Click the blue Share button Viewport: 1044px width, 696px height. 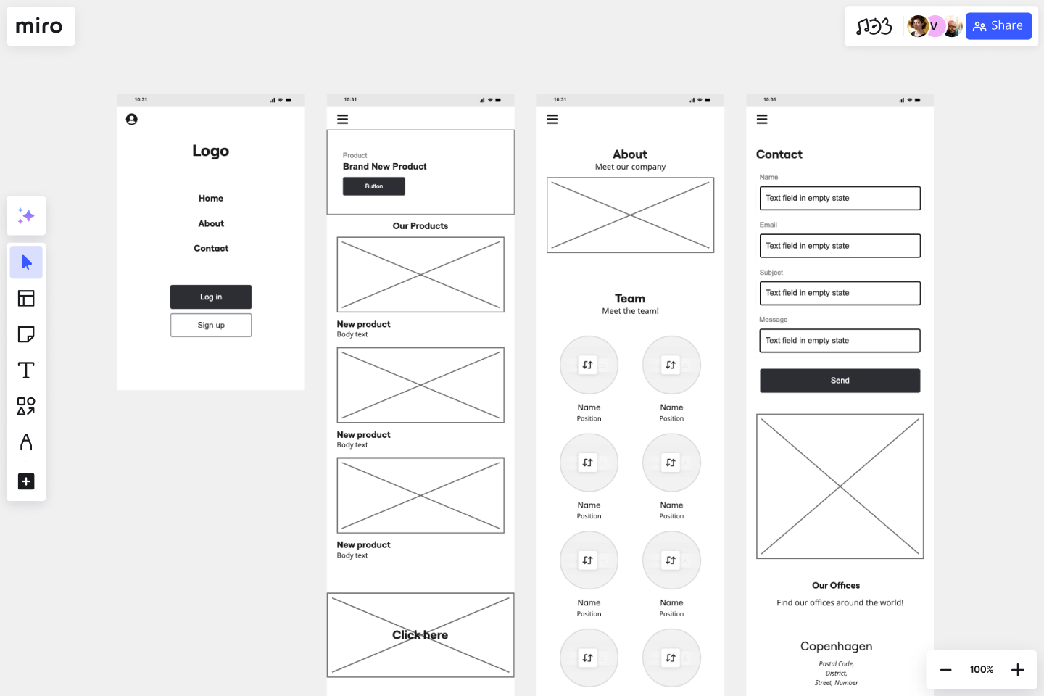tap(998, 26)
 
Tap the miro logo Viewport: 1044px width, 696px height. tap(40, 26)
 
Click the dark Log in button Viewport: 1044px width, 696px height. tap(211, 297)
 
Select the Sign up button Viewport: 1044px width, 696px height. tap(211, 326)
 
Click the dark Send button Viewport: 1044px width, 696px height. tap(840, 381)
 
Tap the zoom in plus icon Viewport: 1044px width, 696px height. tap(1018, 670)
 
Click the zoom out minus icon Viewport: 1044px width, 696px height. tap(945, 670)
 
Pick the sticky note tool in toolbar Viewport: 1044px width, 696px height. tap(26, 334)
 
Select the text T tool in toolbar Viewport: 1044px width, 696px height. tap(26, 370)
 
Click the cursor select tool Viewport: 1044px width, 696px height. tap(26, 262)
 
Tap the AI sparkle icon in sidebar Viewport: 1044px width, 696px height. tap(26, 216)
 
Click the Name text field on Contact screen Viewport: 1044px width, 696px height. tap(840, 199)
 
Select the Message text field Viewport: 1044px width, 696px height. tap(840, 341)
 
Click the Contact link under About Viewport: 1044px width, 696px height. tap(211, 249)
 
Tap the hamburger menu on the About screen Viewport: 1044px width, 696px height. tap(552, 120)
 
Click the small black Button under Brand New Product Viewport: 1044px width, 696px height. tap(374, 186)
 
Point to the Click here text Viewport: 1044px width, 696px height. tap(420, 635)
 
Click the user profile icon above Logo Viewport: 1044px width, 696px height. tap(132, 120)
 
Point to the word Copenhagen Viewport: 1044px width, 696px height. tap(836, 647)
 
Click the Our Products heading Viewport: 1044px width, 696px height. tap(420, 226)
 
